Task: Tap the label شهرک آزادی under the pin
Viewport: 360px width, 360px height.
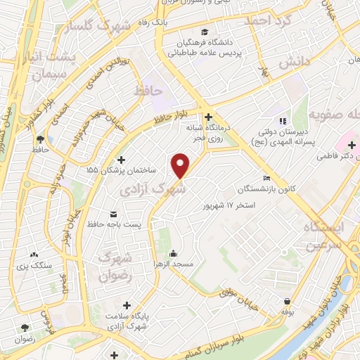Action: [x=153, y=189]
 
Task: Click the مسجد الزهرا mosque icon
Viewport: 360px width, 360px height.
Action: [x=173, y=254]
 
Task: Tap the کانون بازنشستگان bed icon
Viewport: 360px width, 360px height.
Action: [x=265, y=178]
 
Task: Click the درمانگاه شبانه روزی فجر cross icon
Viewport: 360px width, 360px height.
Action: [x=208, y=117]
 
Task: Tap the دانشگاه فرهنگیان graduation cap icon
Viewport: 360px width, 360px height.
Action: [x=204, y=32]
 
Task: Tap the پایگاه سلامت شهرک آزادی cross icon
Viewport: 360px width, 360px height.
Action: [x=127, y=305]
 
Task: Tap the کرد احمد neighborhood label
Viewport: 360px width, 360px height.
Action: [x=267, y=21]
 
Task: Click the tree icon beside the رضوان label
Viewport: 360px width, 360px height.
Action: [x=25, y=328]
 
